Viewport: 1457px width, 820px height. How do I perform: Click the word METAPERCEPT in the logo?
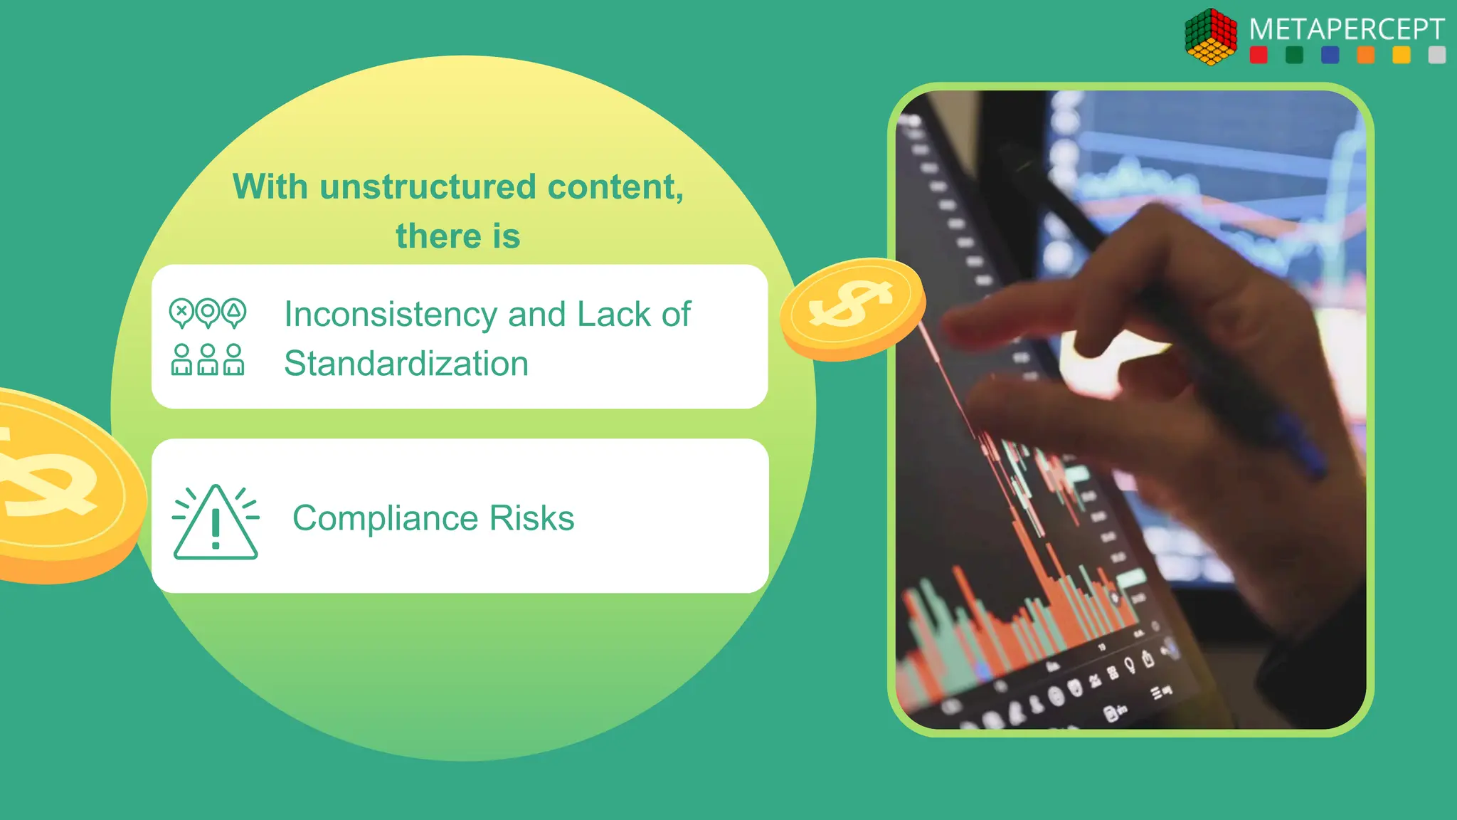pyautogui.click(x=1346, y=29)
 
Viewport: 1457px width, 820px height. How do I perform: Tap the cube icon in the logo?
pyautogui.click(x=1211, y=37)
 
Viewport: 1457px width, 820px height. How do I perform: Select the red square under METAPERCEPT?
pyautogui.click(x=1259, y=55)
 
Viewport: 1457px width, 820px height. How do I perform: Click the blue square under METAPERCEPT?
pyautogui.click(x=1330, y=55)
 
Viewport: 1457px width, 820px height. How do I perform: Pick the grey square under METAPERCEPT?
pyautogui.click(x=1436, y=55)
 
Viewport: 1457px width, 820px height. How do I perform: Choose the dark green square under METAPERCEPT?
pyautogui.click(x=1294, y=55)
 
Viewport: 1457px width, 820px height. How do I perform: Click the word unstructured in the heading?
pyautogui.click(x=428, y=187)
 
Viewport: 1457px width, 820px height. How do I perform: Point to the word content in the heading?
pyautogui.click(x=615, y=187)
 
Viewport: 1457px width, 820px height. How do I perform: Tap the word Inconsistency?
pyautogui.click(x=391, y=315)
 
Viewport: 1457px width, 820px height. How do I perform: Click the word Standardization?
pyautogui.click(x=406, y=364)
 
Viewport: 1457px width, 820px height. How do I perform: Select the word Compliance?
pyautogui.click(x=384, y=518)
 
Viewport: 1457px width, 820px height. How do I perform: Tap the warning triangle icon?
pyautogui.click(x=216, y=524)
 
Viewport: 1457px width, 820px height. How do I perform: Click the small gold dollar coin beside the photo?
pyautogui.click(x=852, y=307)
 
